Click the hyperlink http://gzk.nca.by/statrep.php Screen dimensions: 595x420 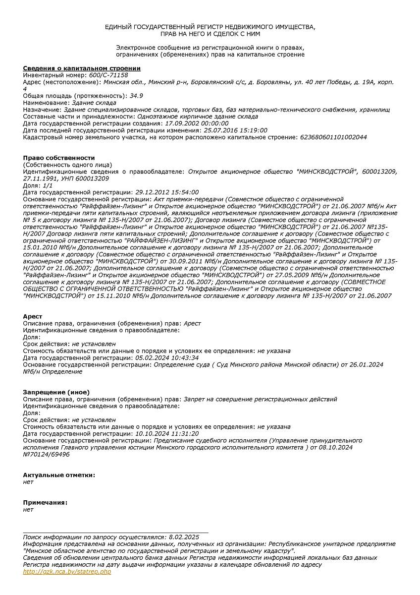[x=67, y=572]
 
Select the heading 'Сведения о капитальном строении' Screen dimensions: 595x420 [x=82, y=68]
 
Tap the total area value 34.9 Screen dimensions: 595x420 [x=136, y=96]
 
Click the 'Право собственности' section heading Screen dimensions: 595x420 [x=58, y=158]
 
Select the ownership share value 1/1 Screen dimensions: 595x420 [x=48, y=185]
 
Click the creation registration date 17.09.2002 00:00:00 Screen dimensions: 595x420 [x=197, y=123]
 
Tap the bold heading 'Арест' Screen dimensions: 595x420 [x=33, y=316]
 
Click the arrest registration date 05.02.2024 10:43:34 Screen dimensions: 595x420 [x=167, y=357]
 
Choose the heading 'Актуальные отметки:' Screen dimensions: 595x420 [x=59, y=475]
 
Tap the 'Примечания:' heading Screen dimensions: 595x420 [x=45, y=502]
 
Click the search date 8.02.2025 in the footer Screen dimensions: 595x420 [x=184, y=537]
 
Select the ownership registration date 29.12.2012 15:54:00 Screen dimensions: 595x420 [x=167, y=192]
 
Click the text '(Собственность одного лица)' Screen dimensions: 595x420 [x=67, y=165]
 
